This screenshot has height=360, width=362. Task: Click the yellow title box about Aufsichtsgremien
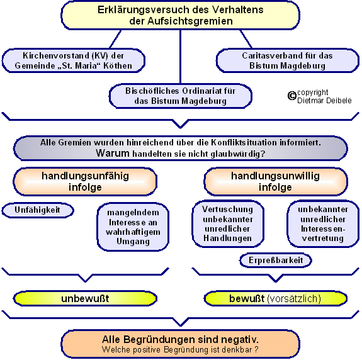point(180,15)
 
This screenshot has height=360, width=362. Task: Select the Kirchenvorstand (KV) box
point(74,60)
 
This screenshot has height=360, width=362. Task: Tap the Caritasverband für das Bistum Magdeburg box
point(288,60)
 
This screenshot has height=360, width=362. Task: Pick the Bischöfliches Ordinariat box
point(180,96)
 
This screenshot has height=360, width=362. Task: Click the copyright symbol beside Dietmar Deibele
point(292,96)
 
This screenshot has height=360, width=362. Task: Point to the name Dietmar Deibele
point(324,101)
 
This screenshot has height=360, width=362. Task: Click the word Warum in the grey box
point(113,153)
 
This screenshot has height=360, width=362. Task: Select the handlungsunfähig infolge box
point(85,182)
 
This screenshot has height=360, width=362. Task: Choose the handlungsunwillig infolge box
point(276,182)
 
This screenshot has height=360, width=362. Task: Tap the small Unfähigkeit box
point(38,210)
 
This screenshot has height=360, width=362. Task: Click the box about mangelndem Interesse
point(133,227)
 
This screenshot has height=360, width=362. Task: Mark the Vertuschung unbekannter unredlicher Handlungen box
point(228,223)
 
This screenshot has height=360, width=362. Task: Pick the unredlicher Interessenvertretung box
point(323,223)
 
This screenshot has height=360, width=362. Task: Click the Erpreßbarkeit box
point(276,261)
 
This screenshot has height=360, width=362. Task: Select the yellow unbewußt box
point(85,298)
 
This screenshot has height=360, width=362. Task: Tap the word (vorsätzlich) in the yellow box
point(294,298)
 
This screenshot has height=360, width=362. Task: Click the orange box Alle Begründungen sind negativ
point(180,344)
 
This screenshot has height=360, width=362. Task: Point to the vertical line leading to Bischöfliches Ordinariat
point(180,57)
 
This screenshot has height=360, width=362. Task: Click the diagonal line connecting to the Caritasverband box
point(246,39)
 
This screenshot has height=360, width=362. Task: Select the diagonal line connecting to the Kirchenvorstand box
point(115,39)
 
